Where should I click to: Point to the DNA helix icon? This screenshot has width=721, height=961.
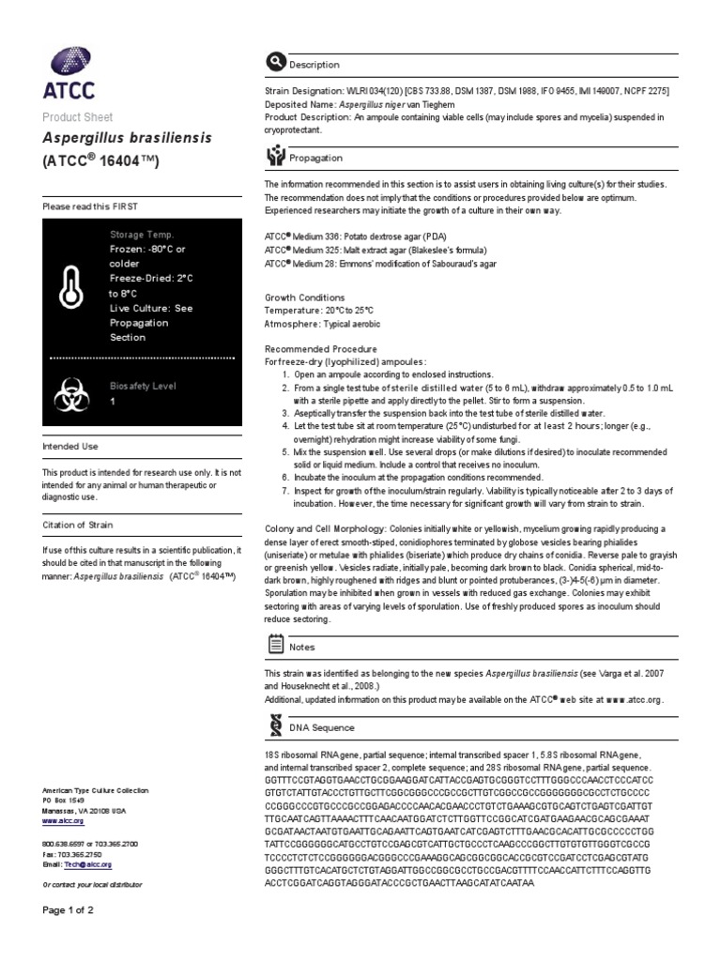[x=275, y=726]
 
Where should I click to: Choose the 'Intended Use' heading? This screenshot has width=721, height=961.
[x=70, y=447]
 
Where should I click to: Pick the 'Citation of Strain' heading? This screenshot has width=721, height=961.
[x=78, y=525]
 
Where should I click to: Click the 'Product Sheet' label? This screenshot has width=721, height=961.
[x=78, y=117]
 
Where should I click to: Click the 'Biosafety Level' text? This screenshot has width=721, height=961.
[x=143, y=386]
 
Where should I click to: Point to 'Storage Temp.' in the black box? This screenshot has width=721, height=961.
[x=142, y=235]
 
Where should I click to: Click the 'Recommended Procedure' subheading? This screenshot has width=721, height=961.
[x=316, y=346]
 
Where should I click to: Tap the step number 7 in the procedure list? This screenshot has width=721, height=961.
[x=285, y=491]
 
